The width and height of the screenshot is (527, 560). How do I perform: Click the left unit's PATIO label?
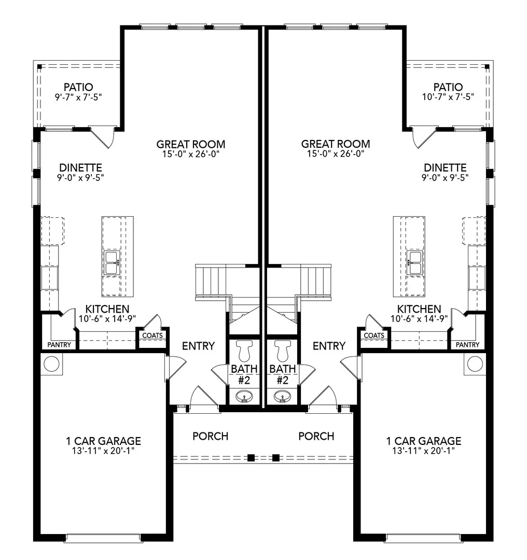[x=78, y=87]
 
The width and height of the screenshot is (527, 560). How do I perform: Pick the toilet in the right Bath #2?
[x=283, y=351]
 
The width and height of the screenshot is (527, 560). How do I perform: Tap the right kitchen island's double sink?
[x=414, y=263]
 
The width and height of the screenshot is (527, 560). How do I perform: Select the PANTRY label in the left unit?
[x=59, y=345]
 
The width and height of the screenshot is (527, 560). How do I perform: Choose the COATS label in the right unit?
[x=374, y=335]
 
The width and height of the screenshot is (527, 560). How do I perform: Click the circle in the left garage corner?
[x=51, y=363]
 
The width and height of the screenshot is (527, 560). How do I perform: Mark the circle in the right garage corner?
[x=475, y=363]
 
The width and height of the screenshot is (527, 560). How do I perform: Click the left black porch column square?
[x=251, y=457]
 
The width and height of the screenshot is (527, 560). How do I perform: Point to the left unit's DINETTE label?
[x=80, y=168]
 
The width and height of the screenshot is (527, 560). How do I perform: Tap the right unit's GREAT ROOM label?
[x=336, y=144]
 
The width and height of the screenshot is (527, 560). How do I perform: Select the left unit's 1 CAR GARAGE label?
[x=103, y=441]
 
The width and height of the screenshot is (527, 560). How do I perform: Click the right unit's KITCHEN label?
[x=419, y=309]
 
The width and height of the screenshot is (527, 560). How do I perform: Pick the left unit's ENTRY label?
[x=198, y=346]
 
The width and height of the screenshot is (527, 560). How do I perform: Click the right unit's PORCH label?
[x=316, y=436]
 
